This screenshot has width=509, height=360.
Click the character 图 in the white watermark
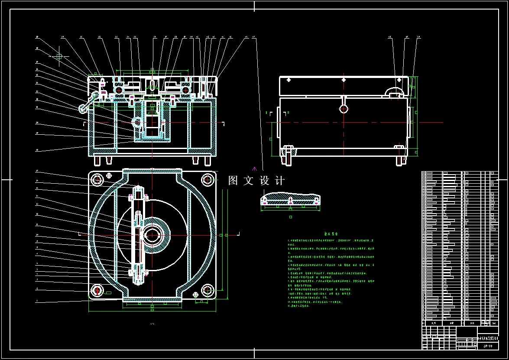coord(233,181)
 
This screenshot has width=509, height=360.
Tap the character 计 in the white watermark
coord(279,181)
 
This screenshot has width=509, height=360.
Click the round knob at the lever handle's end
coord(82,107)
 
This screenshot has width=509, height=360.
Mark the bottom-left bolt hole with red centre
coord(97,290)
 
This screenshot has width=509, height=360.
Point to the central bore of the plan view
coord(152,235)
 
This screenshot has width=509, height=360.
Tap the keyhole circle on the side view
coord(344,108)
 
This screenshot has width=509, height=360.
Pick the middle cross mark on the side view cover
coord(344,80)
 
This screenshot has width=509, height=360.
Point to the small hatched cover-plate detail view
coord(290,199)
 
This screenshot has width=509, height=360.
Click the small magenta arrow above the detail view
coord(255,168)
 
